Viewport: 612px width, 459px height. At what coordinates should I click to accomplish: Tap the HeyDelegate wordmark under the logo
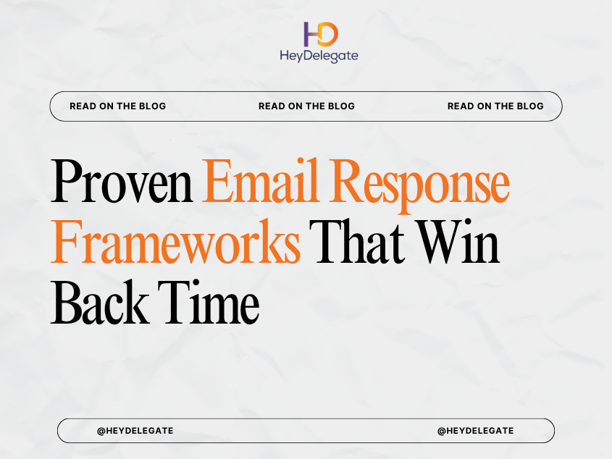319,56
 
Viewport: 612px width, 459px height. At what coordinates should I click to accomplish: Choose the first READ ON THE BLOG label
117,106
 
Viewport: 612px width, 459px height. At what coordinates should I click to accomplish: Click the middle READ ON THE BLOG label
306,106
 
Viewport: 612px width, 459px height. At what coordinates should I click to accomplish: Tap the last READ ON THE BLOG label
495,106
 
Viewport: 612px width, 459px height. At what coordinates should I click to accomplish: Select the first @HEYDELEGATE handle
135,431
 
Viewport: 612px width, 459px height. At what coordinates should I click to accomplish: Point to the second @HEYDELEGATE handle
475,431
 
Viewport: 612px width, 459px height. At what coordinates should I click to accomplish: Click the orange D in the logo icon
328,33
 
